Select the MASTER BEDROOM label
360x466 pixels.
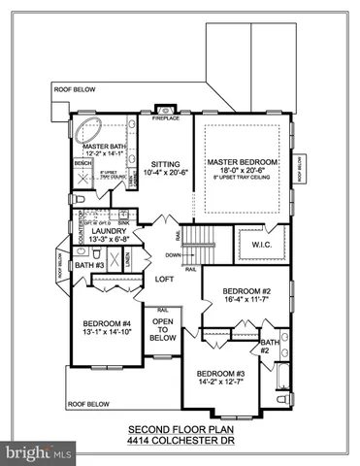pos(244,160)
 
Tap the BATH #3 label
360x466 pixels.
pos(90,264)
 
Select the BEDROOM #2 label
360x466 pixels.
pos(245,291)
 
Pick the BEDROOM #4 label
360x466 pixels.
pos(106,324)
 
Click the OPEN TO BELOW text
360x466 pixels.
pos(164,330)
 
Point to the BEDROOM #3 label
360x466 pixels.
pos(218,374)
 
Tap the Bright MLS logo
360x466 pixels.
pos(39,452)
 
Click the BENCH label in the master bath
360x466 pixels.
pos(82,165)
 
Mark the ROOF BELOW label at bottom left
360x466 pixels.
pos(86,403)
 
